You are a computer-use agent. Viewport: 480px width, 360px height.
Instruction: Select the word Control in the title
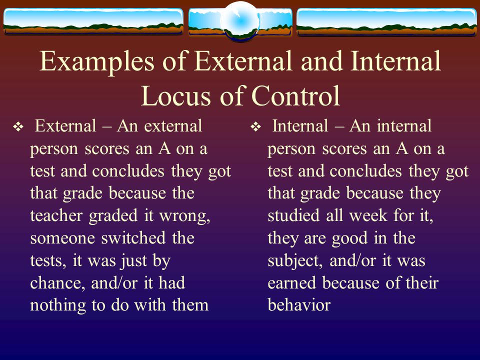coord(295,95)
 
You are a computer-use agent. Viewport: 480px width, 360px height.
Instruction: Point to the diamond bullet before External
coord(18,126)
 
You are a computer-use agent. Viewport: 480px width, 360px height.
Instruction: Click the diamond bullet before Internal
coord(255,126)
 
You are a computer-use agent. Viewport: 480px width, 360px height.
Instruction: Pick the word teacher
coord(56,215)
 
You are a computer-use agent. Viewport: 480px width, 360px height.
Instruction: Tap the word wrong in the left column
coord(184,216)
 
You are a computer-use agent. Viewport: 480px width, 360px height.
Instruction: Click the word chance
coord(57,283)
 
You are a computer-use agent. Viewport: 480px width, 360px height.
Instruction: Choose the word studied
coord(293,215)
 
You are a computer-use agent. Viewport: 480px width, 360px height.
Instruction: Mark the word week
coord(368,215)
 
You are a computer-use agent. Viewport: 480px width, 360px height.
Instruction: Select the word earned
coord(291,283)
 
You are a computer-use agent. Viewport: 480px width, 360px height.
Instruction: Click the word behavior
coord(299,305)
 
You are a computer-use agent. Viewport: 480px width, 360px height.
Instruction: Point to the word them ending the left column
coord(190,305)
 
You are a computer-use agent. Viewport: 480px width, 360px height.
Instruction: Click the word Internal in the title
coord(395,61)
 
